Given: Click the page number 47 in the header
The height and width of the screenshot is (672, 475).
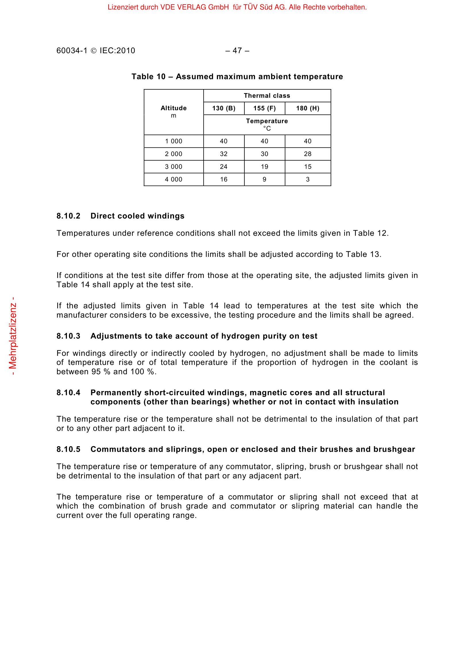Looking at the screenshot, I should point(237,51).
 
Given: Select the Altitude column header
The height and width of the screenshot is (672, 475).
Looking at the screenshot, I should point(173,108).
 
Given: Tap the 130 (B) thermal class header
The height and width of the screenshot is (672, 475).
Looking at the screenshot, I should point(224,108).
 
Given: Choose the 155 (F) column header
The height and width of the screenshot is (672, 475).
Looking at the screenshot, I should point(264,108).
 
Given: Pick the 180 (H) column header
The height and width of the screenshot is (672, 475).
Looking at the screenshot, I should point(308,108).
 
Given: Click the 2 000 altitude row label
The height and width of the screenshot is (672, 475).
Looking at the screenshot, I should point(173,154).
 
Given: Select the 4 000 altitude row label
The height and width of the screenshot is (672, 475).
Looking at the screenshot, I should point(173,179).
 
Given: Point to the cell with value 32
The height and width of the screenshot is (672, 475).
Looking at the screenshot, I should point(224,154).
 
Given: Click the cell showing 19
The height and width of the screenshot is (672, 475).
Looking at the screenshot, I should point(264,167).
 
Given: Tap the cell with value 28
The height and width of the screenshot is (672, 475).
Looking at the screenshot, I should point(308,154).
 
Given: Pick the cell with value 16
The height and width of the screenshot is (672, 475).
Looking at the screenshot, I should point(224,179).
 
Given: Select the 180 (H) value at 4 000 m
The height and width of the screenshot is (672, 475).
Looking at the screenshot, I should point(308,179).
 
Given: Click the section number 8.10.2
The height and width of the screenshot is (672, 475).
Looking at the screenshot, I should point(68,216).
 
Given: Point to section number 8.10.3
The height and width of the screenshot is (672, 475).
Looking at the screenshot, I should point(68,336).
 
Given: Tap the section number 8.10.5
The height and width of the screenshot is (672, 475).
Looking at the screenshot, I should point(68,449).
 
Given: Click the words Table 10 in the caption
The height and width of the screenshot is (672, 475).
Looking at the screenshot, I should point(148,77).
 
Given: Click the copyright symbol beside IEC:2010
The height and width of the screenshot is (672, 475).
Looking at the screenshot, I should point(94,51).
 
